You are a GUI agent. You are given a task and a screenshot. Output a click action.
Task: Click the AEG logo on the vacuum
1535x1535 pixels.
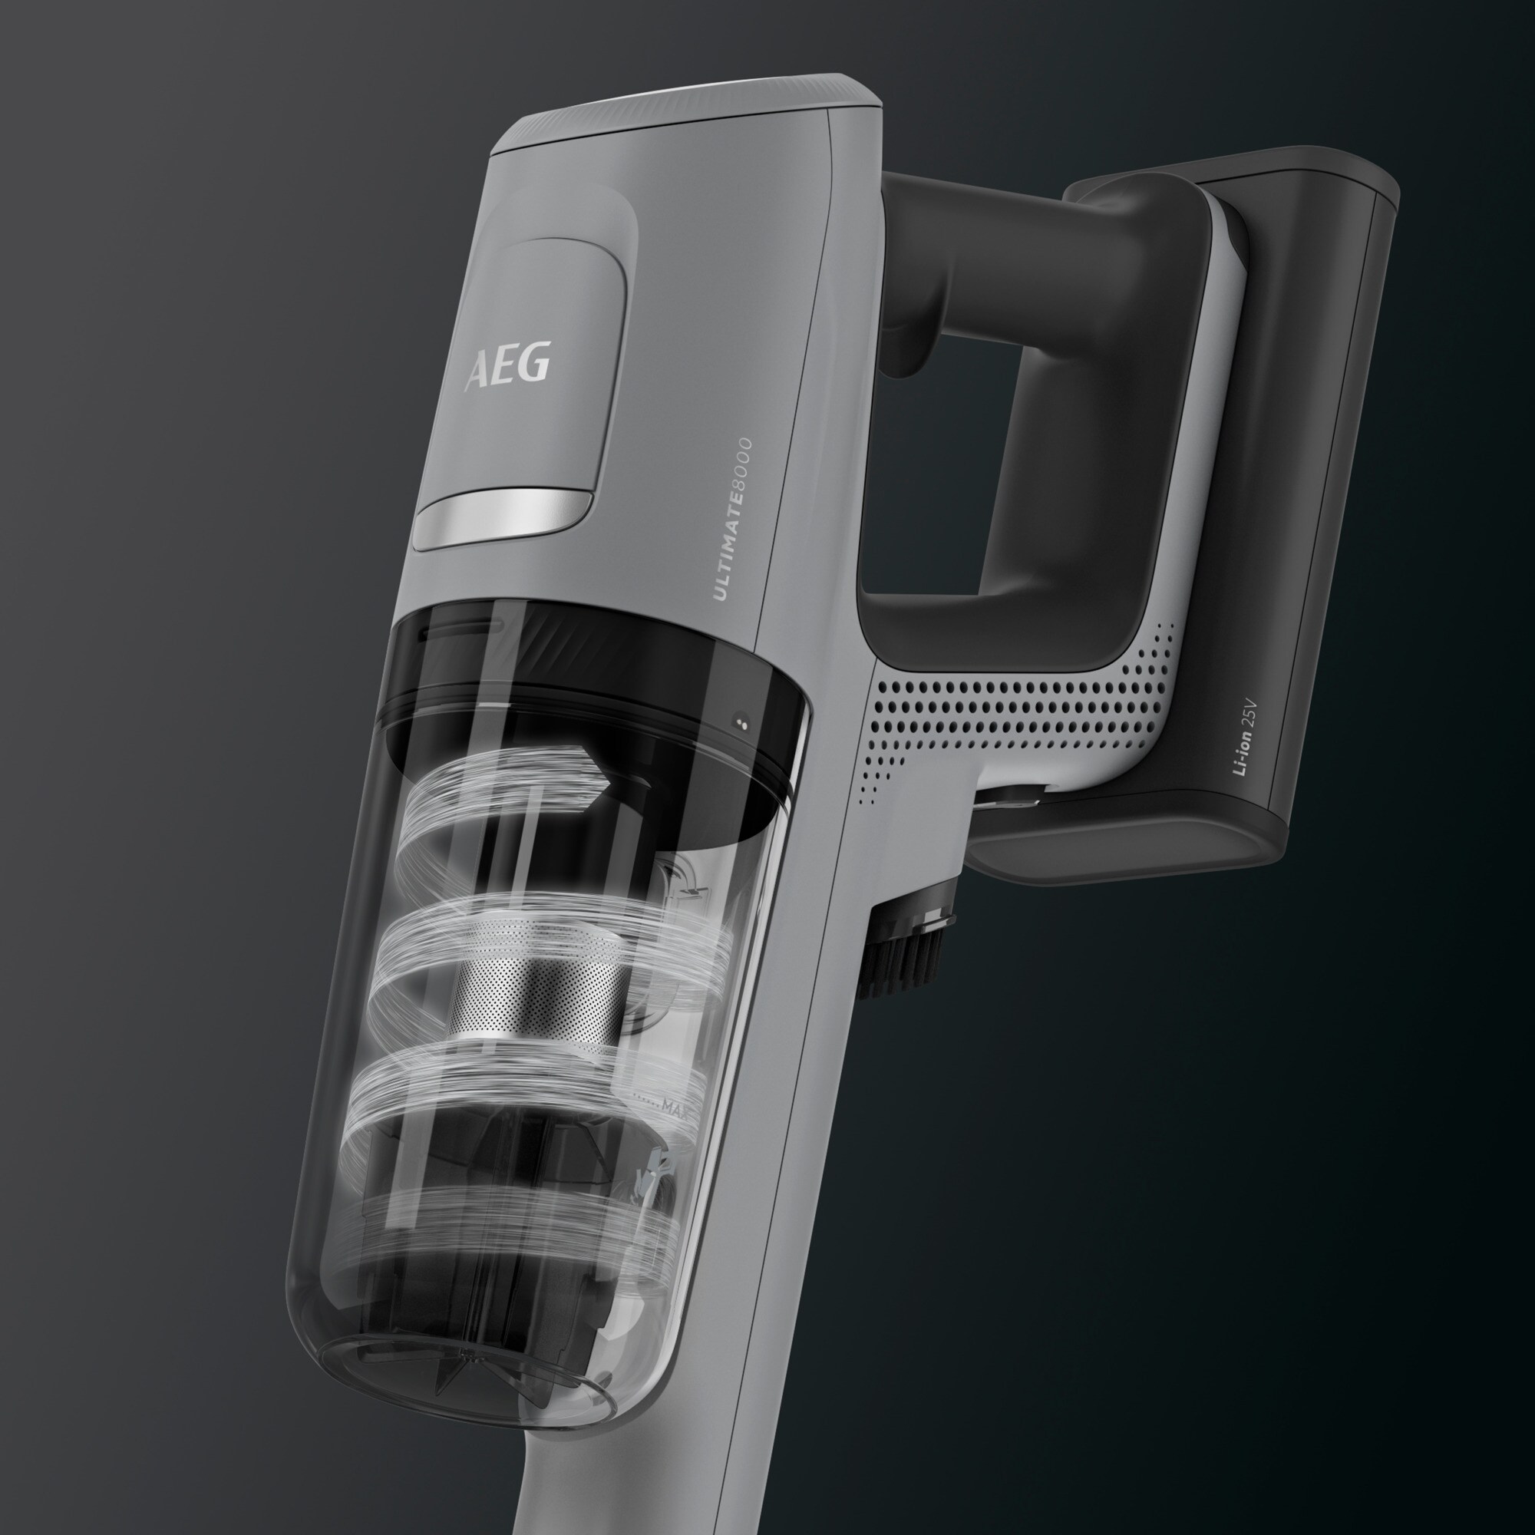pos(507,365)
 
